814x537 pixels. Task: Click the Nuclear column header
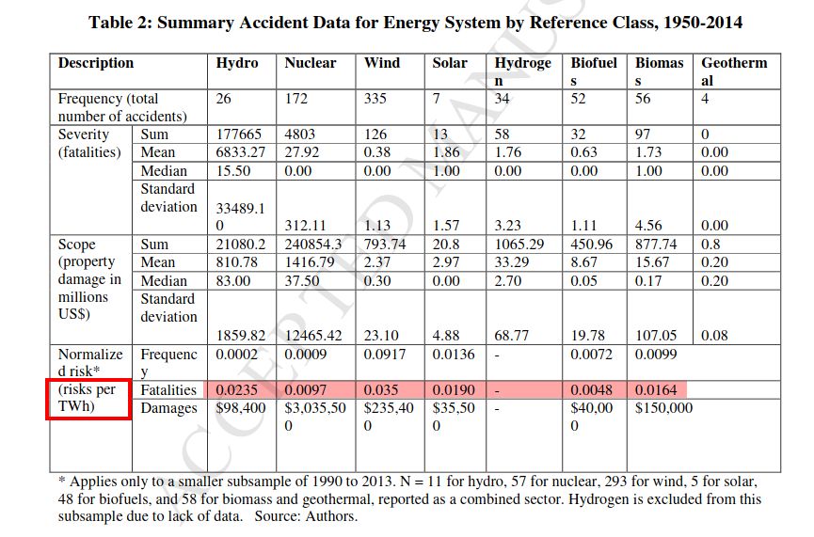click(310, 63)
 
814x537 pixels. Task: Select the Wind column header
click(381, 63)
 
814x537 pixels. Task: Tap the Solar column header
click(450, 63)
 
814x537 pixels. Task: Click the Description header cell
click(96, 63)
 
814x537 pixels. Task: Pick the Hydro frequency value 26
click(223, 99)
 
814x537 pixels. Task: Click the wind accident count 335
click(375, 99)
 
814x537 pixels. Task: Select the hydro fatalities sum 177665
click(238, 134)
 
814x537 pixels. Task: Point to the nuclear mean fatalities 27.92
click(302, 152)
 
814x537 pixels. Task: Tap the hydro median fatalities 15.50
click(233, 171)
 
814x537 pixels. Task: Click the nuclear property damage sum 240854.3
click(313, 245)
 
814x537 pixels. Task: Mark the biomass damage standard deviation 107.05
click(656, 336)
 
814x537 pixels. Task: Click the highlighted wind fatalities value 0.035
click(380, 390)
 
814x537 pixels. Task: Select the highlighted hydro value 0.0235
click(236, 390)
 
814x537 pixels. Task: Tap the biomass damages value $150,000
click(663, 408)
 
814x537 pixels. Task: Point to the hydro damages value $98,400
click(240, 408)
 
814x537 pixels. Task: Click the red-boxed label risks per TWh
click(88, 398)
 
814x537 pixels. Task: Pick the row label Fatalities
click(168, 390)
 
